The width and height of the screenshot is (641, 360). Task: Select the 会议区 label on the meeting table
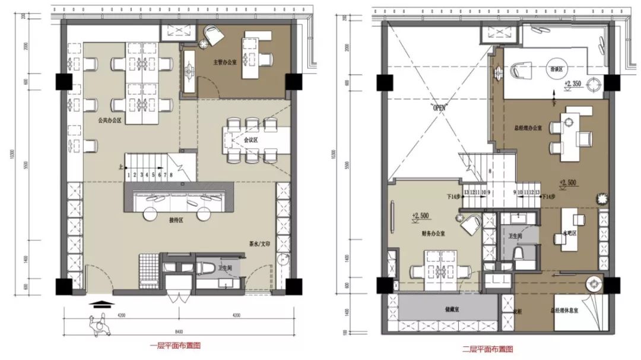(x=251, y=141)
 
